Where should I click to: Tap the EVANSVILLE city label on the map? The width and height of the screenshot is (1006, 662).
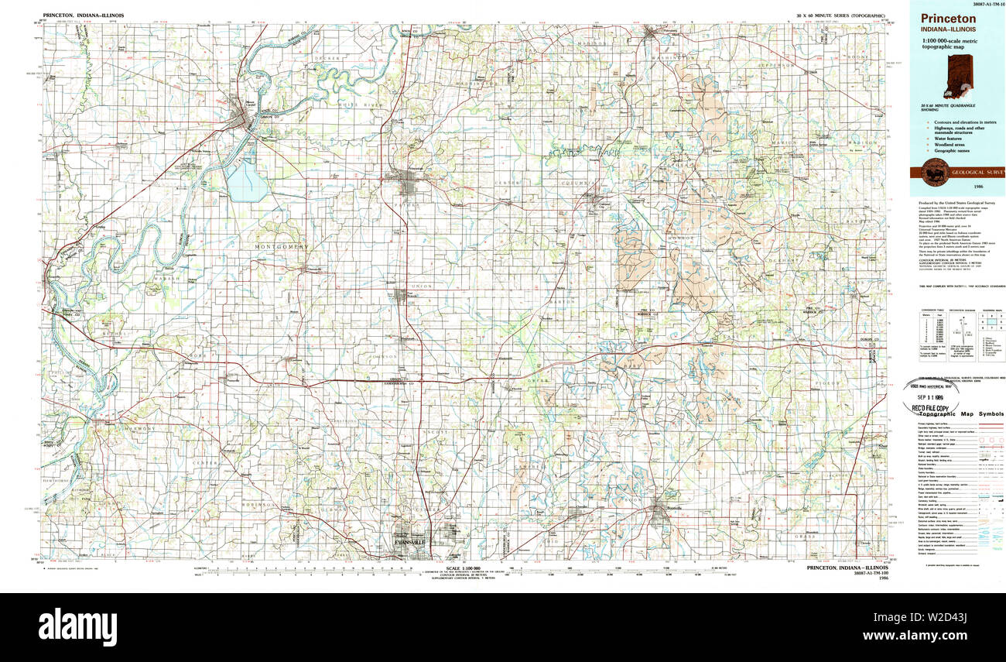[x=410, y=543]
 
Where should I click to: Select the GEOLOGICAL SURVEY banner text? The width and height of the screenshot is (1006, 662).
[x=977, y=172]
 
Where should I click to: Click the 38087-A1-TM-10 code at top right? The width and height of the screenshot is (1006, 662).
[x=980, y=4]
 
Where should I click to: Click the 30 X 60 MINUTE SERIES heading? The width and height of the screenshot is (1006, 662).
[x=840, y=15]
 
